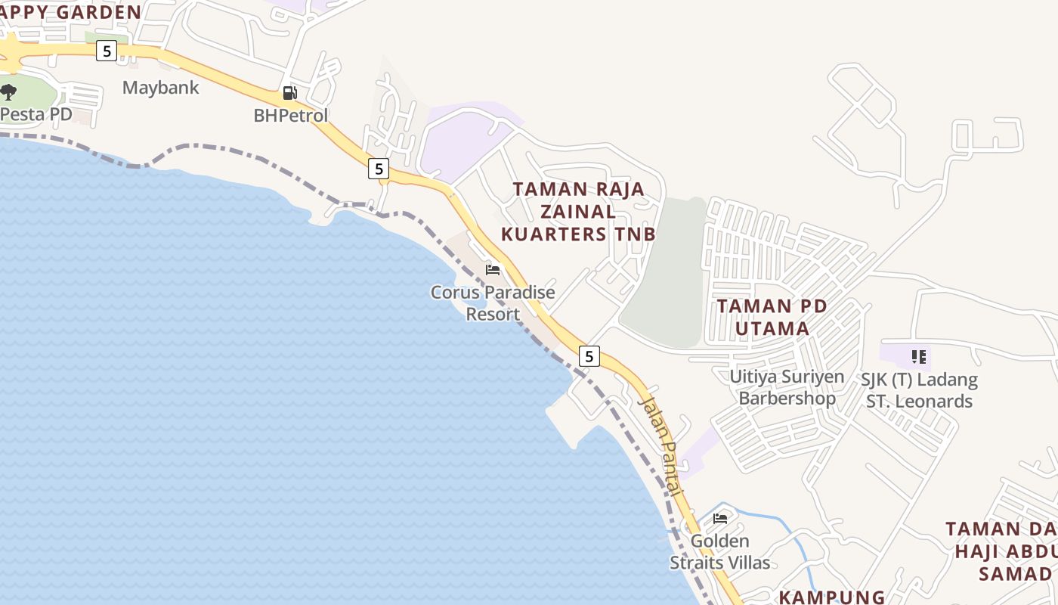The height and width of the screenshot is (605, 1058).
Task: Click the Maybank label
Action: click(161, 88)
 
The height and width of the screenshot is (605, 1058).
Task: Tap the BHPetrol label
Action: click(291, 116)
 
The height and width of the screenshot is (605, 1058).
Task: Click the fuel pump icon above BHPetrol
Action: click(289, 93)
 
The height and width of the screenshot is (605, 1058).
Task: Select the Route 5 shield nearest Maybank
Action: click(107, 51)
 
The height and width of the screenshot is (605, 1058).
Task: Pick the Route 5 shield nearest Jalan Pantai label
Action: click(589, 355)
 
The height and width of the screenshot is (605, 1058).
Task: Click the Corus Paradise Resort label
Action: click(493, 302)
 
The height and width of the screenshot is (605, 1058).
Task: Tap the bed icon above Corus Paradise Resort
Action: click(493, 270)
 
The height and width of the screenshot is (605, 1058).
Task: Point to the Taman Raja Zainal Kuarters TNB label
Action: click(579, 212)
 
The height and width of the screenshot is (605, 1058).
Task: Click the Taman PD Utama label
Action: click(772, 318)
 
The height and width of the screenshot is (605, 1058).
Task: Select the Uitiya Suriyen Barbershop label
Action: click(787, 387)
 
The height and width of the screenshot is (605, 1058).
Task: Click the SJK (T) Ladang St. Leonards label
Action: click(919, 390)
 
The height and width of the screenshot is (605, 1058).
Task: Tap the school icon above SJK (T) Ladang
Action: click(918, 356)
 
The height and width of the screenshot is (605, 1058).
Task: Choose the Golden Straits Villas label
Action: click(720, 552)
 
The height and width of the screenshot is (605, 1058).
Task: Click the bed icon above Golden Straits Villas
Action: click(720, 519)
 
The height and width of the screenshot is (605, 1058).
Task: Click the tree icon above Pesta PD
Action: click(8, 92)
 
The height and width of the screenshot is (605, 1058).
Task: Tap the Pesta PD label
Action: click(36, 115)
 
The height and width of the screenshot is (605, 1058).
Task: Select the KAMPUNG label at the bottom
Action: click(831, 597)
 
